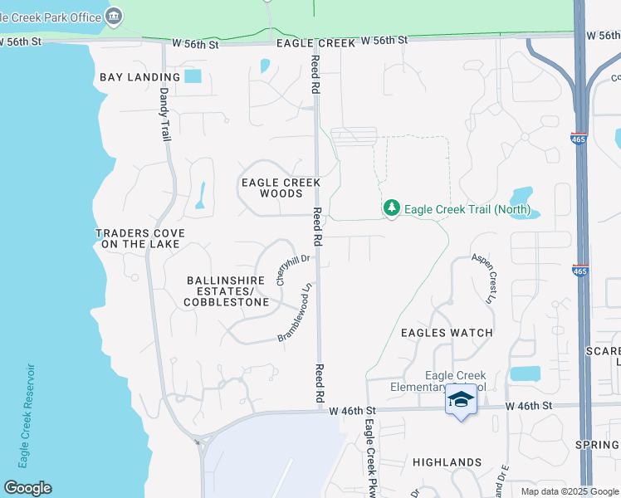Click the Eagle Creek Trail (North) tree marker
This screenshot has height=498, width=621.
click(x=392, y=208)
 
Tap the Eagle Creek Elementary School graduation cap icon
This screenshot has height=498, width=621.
click(x=461, y=400)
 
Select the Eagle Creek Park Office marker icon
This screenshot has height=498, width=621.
click(x=115, y=16)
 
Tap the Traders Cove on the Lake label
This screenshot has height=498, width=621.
click(x=140, y=239)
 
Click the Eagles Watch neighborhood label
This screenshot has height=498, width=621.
click(x=447, y=333)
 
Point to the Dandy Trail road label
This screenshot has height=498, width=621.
click(x=164, y=114)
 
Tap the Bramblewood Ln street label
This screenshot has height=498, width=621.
click(x=295, y=313)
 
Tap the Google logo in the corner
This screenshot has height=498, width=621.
click(x=27, y=488)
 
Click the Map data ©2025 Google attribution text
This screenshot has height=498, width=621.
click(x=570, y=491)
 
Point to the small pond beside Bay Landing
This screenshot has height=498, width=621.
click(x=193, y=76)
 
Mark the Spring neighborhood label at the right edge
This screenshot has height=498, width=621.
click(x=597, y=445)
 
